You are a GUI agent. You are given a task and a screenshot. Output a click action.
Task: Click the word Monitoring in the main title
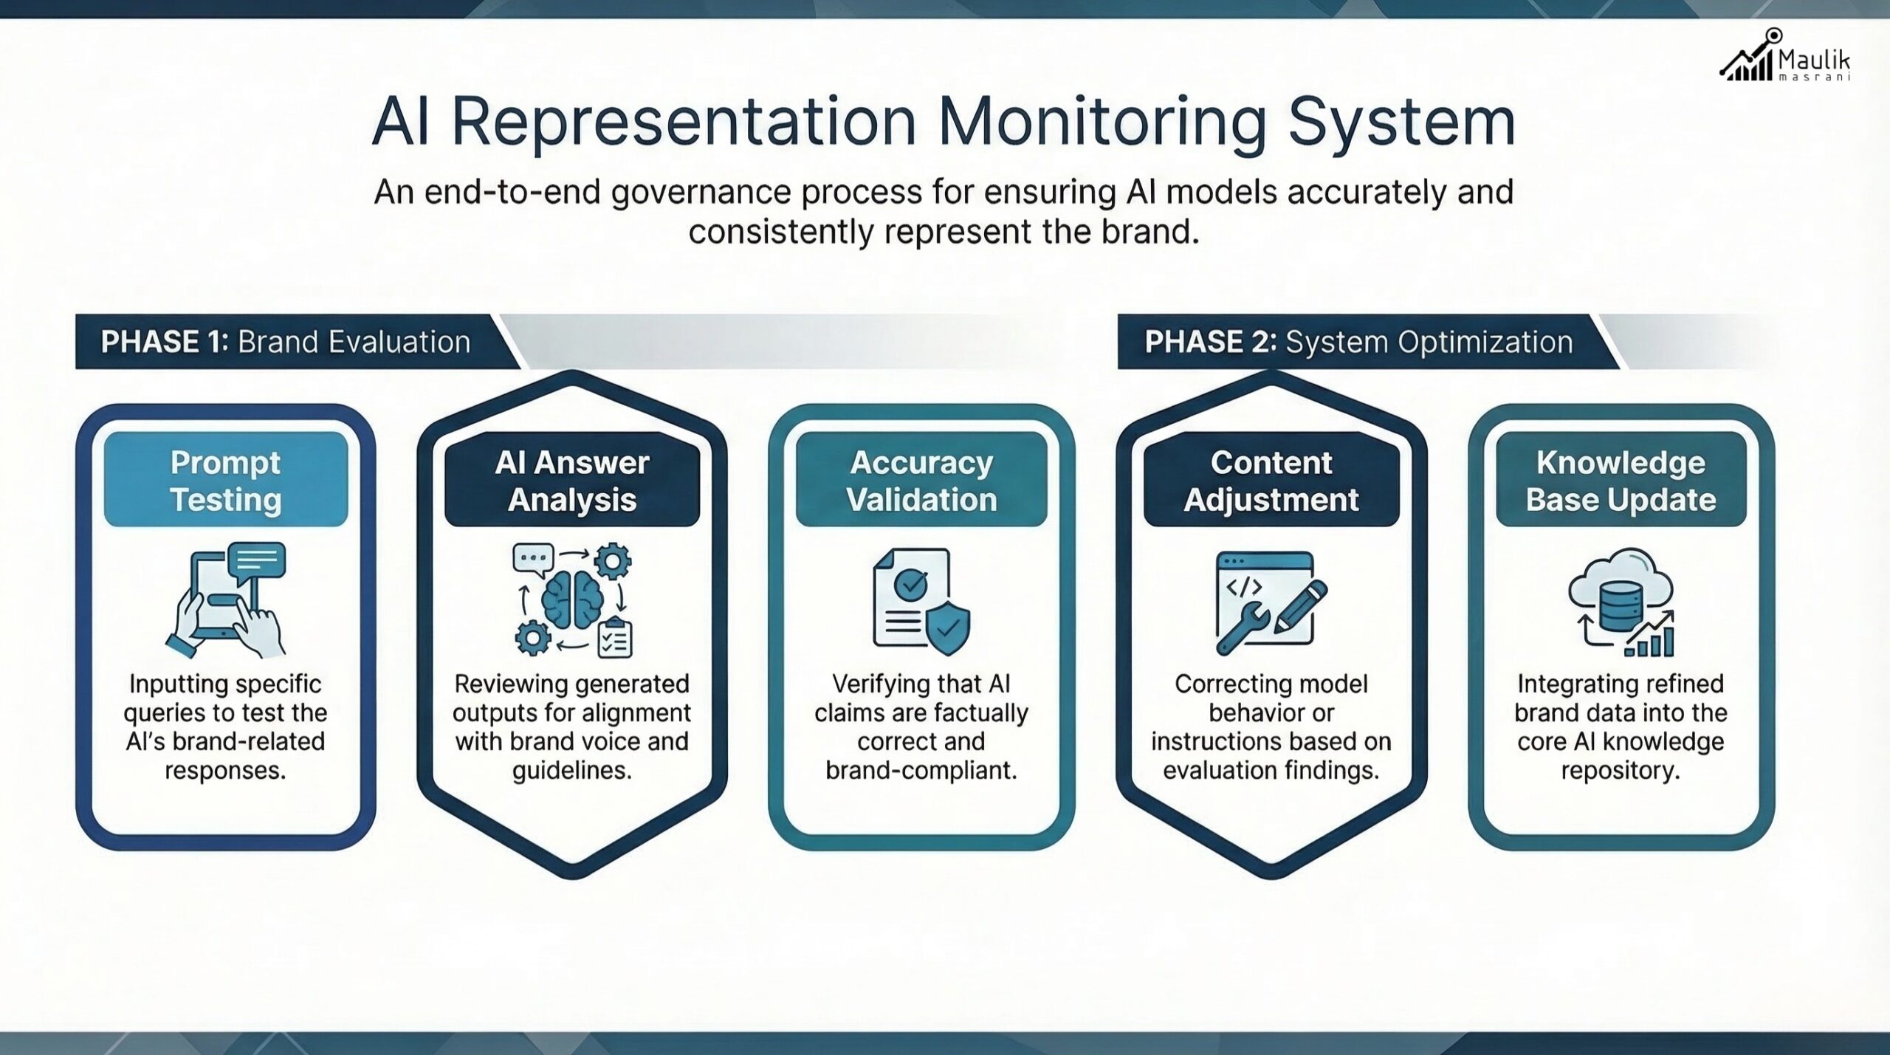pos(1102,122)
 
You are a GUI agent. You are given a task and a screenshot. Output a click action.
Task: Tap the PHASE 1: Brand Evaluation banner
pos(286,342)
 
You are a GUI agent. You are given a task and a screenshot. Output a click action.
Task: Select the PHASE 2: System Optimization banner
pos(1358,342)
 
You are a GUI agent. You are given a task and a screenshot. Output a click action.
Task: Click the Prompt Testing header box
pos(226,480)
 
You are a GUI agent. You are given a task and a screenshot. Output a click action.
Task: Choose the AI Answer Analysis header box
pos(572,480)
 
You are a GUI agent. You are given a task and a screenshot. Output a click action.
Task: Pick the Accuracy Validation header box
pos(921,480)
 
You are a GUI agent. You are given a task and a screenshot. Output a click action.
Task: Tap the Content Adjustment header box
pos(1271,480)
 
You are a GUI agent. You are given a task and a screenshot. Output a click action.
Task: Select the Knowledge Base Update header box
pos(1621,480)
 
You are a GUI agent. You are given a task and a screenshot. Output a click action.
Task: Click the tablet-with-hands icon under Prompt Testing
pos(226,602)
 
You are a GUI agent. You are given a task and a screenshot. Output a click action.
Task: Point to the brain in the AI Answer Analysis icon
pos(571,598)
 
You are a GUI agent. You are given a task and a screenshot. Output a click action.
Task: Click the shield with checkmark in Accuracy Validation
pos(948,628)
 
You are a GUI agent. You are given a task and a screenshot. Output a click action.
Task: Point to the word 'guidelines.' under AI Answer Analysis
pos(572,771)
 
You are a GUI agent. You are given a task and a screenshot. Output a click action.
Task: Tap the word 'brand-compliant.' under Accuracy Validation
pos(921,771)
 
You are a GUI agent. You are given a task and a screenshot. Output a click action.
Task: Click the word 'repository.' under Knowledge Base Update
pos(1621,771)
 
